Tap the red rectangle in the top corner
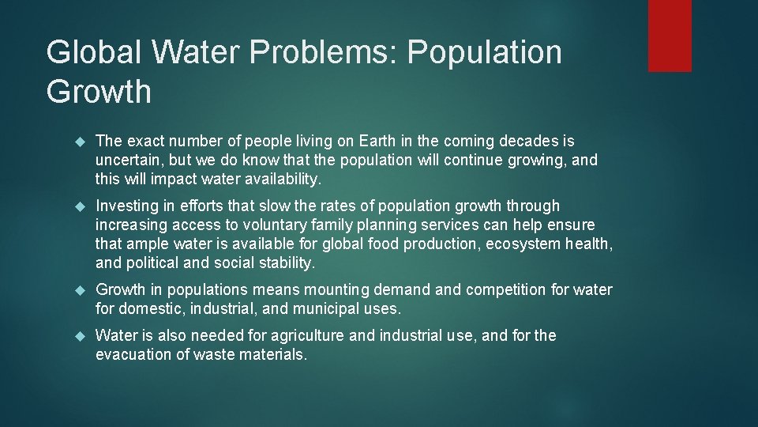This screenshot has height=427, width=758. (x=670, y=36)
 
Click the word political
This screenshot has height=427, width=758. (x=152, y=263)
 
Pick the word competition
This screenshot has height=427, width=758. (x=504, y=290)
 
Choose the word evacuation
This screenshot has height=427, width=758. (x=132, y=355)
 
